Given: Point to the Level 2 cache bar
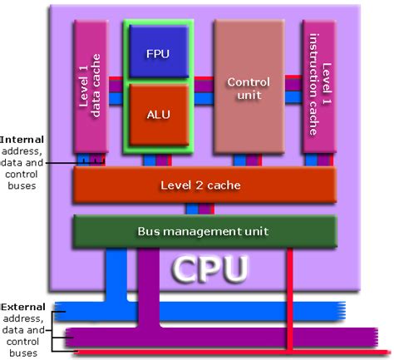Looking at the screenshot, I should click(x=203, y=185).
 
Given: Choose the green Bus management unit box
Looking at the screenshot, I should click(x=204, y=229).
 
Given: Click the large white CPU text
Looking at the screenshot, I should click(x=209, y=269).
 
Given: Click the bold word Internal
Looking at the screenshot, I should click(x=22, y=140).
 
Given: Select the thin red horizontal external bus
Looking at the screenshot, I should click(x=208, y=353).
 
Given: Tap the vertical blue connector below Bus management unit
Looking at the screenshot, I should click(x=115, y=274).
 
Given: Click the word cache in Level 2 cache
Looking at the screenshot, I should click(x=224, y=185).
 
